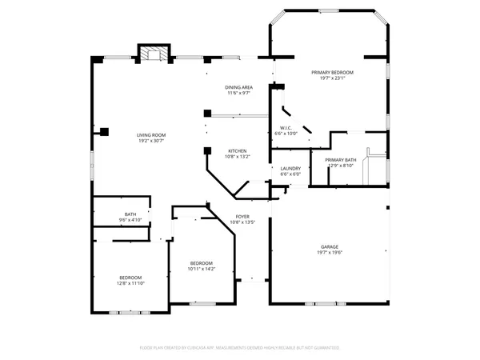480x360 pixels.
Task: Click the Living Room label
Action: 150,134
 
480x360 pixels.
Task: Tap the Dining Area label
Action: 238,87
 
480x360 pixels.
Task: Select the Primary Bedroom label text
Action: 332,72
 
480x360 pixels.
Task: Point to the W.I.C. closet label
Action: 286,128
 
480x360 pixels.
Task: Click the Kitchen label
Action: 238,150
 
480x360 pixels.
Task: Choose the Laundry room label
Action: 290,168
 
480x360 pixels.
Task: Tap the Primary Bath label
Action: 340,160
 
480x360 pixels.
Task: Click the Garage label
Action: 330,246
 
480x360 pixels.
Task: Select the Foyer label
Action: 242,216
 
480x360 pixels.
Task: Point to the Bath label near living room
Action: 130,214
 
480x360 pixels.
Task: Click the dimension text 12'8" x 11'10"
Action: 130,283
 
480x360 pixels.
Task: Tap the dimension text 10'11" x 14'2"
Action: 201,270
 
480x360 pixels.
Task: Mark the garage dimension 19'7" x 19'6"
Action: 330,253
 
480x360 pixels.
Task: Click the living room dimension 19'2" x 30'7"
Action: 150,141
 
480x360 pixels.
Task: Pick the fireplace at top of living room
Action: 154,54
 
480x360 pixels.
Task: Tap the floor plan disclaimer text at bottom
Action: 240,348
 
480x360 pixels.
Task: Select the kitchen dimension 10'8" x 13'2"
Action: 238,157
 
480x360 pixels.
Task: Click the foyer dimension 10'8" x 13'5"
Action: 242,222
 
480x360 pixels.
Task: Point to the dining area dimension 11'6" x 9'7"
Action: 238,94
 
